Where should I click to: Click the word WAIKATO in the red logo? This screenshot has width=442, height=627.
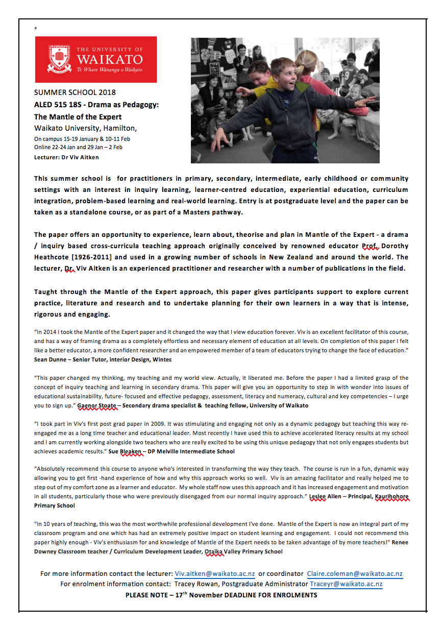109,59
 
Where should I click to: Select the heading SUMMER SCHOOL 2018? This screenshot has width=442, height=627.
75,92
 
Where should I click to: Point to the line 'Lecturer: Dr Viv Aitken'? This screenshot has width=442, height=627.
66,157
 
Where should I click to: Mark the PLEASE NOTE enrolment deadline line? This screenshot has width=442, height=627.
221,595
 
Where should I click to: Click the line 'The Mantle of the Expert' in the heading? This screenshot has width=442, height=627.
78,117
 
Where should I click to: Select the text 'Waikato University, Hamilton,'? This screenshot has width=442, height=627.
85,128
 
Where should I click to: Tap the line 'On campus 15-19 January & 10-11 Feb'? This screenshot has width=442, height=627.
82,138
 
